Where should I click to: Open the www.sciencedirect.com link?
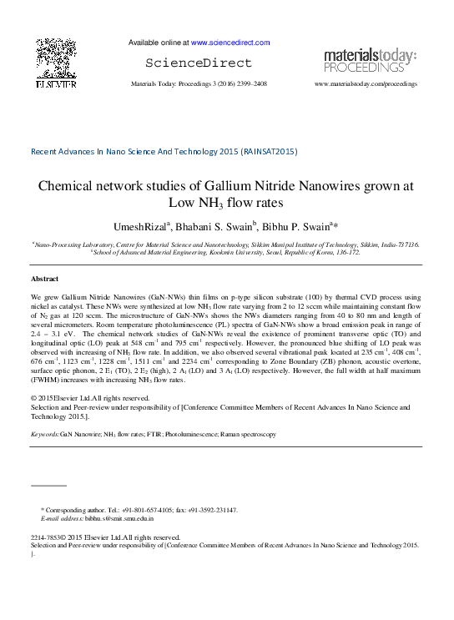pyautogui.click(x=230, y=42)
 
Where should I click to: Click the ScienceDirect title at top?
pyautogui.click(x=198, y=63)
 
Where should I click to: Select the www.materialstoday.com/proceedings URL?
pyautogui.click(x=365, y=85)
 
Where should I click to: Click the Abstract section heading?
pyautogui.click(x=44, y=278)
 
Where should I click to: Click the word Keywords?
pyautogui.click(x=44, y=435)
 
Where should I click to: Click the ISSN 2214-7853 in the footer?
pyautogui.click(x=47, y=538)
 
